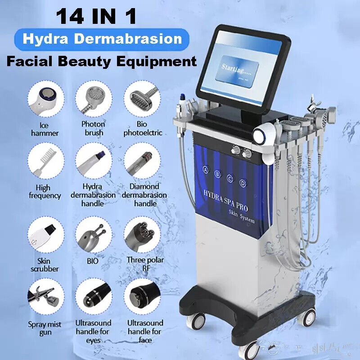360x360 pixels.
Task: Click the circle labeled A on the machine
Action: coord(206,170)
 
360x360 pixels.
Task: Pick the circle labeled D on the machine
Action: coord(243,183)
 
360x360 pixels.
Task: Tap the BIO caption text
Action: coord(93,261)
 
